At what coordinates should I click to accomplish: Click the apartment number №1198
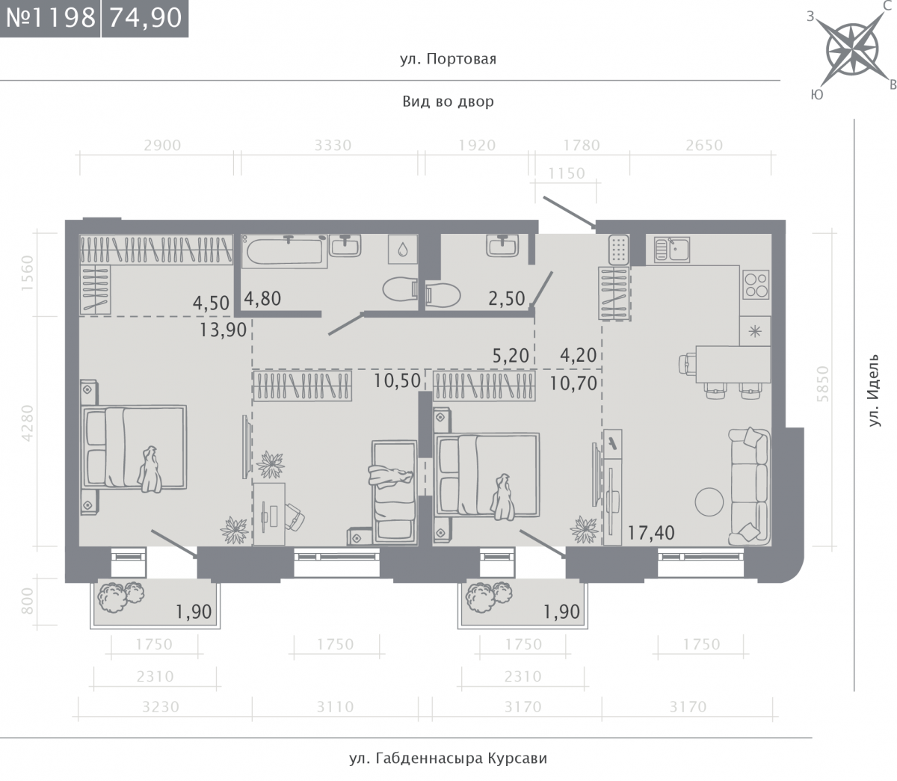click(x=51, y=18)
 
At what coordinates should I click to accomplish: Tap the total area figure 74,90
click(x=145, y=18)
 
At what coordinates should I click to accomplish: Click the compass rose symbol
click(x=852, y=49)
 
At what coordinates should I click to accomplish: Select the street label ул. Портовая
click(x=448, y=59)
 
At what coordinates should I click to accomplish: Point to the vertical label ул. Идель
click(x=874, y=390)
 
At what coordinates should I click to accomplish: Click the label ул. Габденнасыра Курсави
click(x=448, y=759)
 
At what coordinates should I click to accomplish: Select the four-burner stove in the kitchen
click(x=756, y=285)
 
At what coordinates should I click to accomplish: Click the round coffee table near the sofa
click(x=709, y=501)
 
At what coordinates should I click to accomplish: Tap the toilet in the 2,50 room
click(x=443, y=294)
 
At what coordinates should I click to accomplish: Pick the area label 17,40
click(x=651, y=534)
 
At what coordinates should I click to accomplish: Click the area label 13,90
click(x=224, y=330)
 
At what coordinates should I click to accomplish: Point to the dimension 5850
click(x=823, y=384)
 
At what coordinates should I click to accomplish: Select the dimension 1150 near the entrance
click(x=567, y=173)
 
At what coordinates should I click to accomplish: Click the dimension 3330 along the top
click(x=333, y=145)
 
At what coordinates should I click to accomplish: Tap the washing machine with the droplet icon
click(x=403, y=250)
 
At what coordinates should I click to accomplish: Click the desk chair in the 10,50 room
click(x=295, y=517)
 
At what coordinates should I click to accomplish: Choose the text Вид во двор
click(x=448, y=102)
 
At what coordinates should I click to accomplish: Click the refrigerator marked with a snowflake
click(x=755, y=331)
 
